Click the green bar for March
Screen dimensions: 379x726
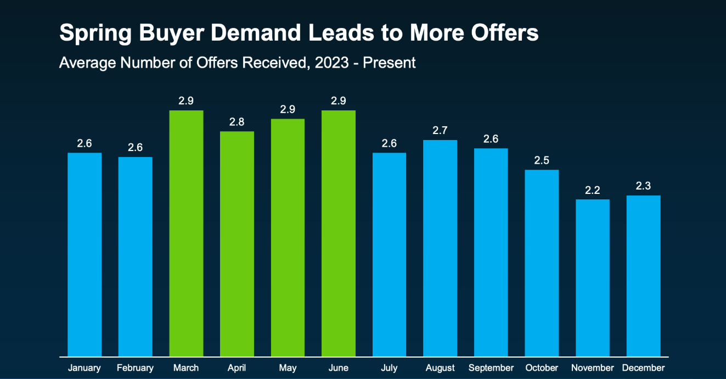186,233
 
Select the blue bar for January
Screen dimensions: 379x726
85,254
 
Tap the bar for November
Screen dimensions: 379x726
593,277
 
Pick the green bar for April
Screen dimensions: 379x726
237,244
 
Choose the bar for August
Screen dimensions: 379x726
440,248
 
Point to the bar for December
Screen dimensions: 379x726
643,276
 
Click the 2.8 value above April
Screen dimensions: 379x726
237,122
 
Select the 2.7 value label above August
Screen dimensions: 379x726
440,131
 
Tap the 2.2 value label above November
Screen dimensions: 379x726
593,190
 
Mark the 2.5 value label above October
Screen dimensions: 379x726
542,160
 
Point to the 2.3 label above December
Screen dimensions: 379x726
643,186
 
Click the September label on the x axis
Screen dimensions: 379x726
491,368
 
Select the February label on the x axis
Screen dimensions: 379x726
135,368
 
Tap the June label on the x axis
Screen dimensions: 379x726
339,368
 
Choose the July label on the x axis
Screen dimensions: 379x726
389,368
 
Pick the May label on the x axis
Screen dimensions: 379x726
288,368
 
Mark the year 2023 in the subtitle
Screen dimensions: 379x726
331,63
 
